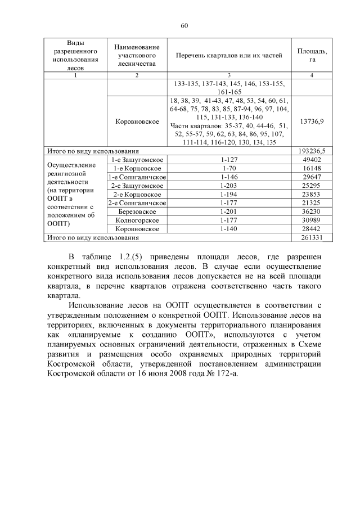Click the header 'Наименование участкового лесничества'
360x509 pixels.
coord(136,56)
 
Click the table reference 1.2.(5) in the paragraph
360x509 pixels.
coord(135,256)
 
